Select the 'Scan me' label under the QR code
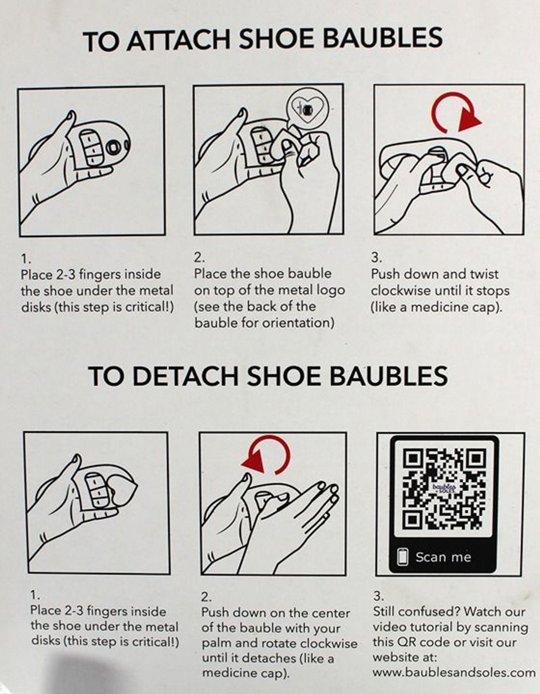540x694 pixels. click(443, 557)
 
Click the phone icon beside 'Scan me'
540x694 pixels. click(403, 557)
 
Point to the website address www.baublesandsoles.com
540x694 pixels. click(454, 672)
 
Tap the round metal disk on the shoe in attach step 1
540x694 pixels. click(113, 147)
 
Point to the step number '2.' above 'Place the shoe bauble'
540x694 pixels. click(199, 257)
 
